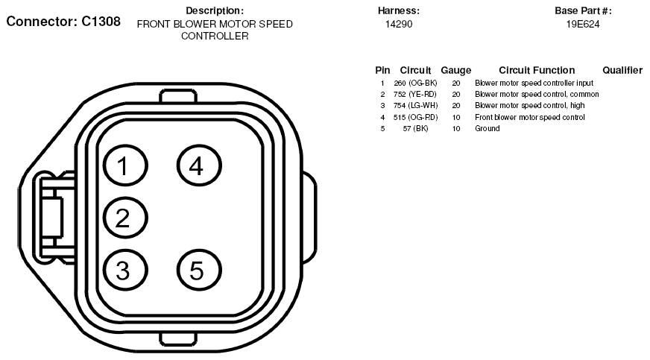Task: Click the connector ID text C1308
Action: pos(101,22)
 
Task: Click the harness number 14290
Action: pos(399,24)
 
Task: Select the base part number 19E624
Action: pos(583,24)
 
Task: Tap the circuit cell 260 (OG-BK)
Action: pos(415,83)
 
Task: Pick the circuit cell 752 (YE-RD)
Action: pos(415,95)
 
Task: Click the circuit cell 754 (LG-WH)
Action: pos(415,106)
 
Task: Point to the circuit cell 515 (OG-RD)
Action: pos(415,117)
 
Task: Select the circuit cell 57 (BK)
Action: pos(415,128)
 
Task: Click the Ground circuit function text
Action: pos(487,128)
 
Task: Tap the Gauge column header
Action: pos(456,70)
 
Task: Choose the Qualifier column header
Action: pos(622,70)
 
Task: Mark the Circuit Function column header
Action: pos(537,70)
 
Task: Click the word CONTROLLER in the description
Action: pos(215,36)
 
